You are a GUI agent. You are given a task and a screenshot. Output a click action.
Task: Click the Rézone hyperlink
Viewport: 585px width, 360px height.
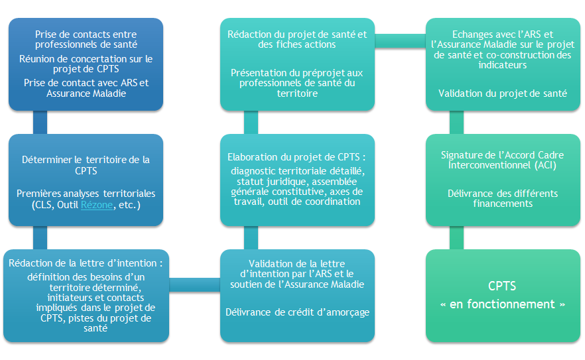pyautogui.click(x=97, y=205)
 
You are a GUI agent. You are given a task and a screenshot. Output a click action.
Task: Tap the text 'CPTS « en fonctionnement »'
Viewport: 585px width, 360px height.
pyautogui.click(x=503, y=295)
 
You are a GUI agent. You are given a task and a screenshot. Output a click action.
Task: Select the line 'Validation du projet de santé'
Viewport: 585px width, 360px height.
pyautogui.click(x=503, y=93)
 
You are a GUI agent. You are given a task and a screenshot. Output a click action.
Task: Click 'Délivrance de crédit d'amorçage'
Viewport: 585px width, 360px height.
pyautogui.click(x=297, y=312)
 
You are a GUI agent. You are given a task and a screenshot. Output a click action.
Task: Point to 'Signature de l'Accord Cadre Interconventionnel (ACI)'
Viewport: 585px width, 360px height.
pyautogui.click(x=502, y=160)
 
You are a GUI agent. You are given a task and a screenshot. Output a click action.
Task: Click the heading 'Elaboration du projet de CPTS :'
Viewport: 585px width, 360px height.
pyautogui.click(x=296, y=157)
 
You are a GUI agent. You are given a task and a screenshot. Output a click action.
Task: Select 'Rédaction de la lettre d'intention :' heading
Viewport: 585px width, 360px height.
pyautogui.click(x=86, y=263)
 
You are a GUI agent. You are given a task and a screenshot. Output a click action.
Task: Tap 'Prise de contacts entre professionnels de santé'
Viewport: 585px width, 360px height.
pyautogui.click(x=86, y=39)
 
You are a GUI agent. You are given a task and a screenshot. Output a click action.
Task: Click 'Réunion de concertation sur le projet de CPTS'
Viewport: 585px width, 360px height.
pyautogui.click(x=86, y=64)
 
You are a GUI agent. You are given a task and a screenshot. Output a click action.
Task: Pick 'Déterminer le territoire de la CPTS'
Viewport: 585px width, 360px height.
pyautogui.click(x=86, y=165)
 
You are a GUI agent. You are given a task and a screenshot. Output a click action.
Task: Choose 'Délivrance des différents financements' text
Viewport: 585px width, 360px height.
pyautogui.click(x=503, y=198)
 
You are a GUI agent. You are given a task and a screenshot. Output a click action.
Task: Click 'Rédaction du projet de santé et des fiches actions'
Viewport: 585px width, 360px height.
pyautogui.click(x=297, y=39)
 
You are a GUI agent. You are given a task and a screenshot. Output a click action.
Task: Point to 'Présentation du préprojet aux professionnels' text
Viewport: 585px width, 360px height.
pyautogui.click(x=297, y=78)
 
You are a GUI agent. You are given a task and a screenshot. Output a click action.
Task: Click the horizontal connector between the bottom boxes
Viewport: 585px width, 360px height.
pyautogui.click(x=195, y=284)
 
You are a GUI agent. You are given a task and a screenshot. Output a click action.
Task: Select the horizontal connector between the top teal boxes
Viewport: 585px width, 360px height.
pyautogui.click(x=401, y=41)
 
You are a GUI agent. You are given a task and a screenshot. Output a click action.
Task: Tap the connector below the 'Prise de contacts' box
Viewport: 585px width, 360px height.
pyautogui.click(x=40, y=123)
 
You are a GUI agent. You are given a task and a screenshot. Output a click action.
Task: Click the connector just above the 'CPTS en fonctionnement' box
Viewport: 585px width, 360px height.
pyautogui.click(x=456, y=237)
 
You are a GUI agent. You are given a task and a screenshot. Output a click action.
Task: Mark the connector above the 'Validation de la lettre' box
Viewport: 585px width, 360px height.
pyautogui.click(x=251, y=237)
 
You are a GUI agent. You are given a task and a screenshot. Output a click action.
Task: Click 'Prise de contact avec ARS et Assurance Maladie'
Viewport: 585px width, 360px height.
pyautogui.click(x=86, y=88)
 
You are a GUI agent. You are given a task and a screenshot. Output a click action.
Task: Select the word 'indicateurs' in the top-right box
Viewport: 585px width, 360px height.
pyautogui.click(x=503, y=65)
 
